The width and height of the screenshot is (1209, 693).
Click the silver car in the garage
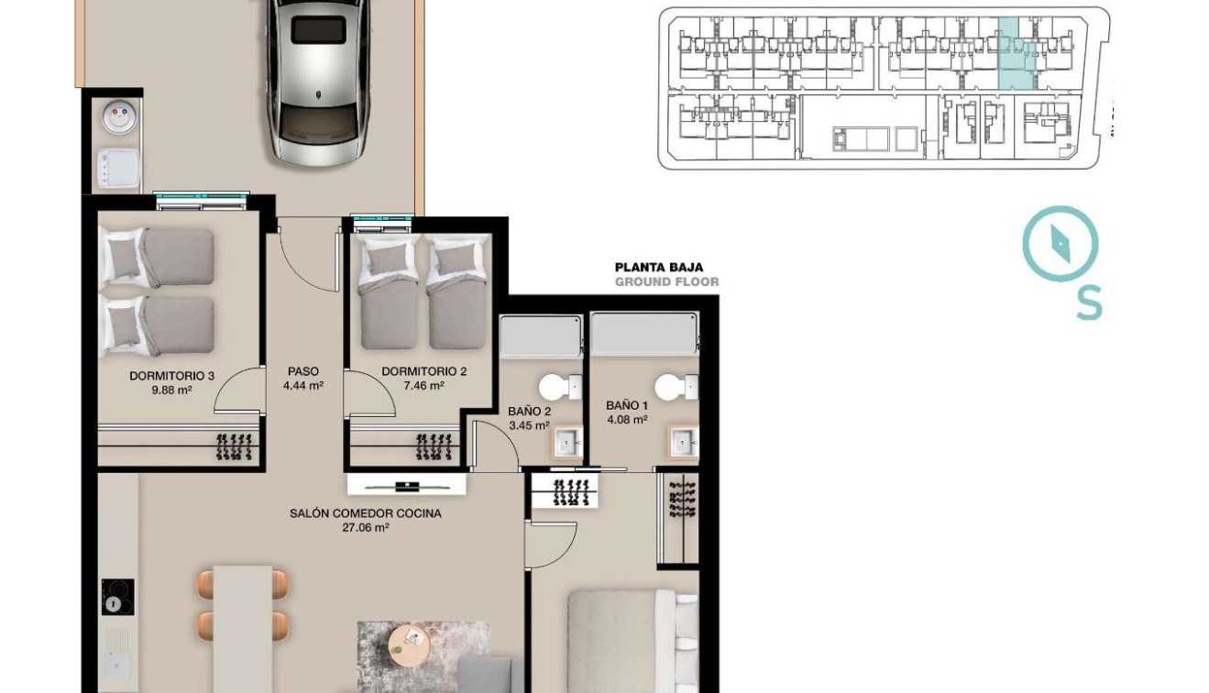pos(317,82)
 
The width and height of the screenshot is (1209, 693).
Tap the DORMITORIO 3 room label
pos(171,375)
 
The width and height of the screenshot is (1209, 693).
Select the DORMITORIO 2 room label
pos(423,371)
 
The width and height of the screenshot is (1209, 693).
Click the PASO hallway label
pos(302,371)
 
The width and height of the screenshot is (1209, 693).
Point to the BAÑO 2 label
pos(529,412)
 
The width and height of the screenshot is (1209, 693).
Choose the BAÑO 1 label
pos(627,405)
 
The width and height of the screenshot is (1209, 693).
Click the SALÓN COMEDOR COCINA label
pos(365,514)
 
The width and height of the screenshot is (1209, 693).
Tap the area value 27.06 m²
pos(365,528)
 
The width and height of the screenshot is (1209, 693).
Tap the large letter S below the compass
pos(1088,302)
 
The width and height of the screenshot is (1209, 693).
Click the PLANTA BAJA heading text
pos(658,268)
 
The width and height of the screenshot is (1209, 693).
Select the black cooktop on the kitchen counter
pos(117,597)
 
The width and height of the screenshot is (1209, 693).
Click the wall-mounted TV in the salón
pos(405,486)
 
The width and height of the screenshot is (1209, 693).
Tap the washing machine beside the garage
pos(118,170)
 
